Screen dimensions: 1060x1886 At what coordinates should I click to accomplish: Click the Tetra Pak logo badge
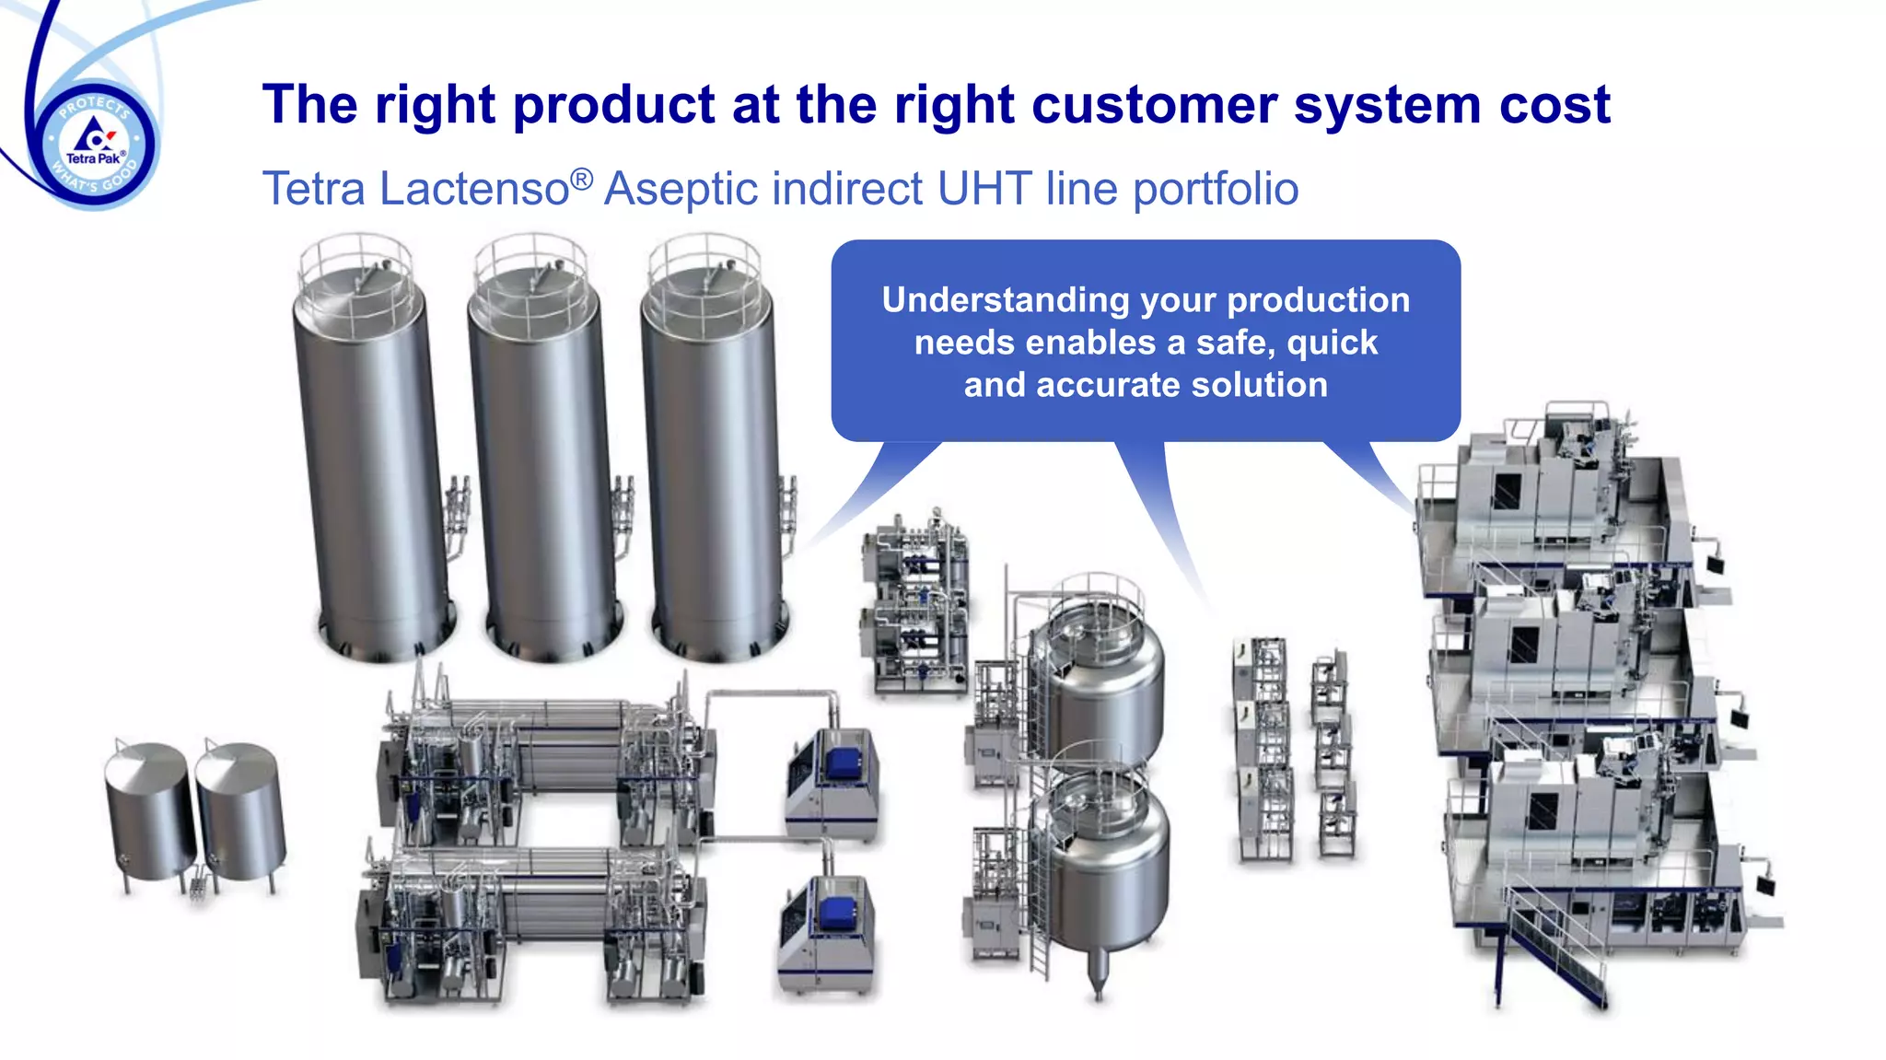pos(95,145)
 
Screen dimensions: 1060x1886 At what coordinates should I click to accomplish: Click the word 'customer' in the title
pos(1154,104)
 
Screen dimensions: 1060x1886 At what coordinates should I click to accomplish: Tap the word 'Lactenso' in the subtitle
pos(474,189)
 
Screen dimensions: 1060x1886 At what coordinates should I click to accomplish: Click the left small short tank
pos(149,810)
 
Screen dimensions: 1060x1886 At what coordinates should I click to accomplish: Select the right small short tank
pos(239,810)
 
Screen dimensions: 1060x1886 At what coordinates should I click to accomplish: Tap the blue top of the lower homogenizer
pos(835,912)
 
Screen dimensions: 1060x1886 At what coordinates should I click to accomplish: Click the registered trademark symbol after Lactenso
pos(581,177)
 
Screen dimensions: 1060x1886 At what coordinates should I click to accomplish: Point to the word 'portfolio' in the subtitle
pos(1216,189)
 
